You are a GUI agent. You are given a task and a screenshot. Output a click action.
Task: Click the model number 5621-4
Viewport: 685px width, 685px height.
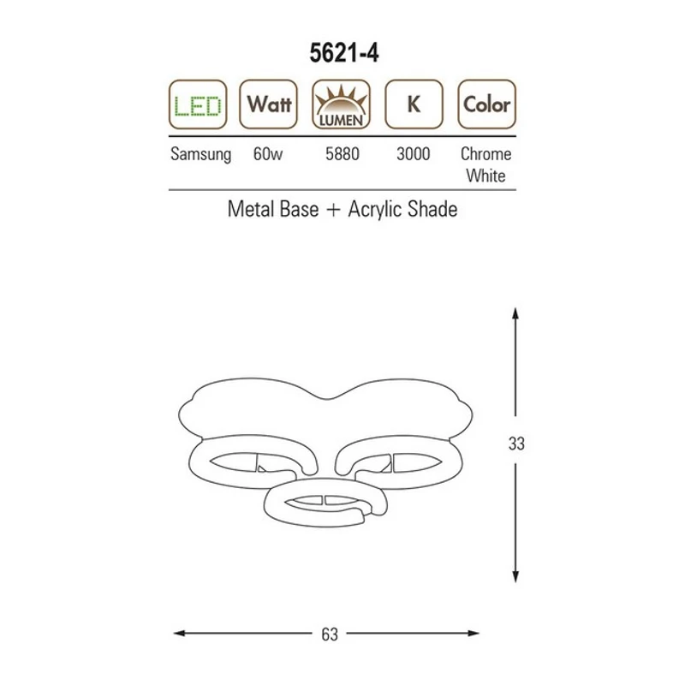pos(344,53)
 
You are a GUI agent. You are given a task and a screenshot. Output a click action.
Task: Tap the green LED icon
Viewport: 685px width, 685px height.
pos(198,104)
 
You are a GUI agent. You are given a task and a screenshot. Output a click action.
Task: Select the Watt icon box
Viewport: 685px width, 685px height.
pos(268,104)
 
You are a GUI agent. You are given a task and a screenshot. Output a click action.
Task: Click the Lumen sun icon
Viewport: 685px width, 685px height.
pos(341,104)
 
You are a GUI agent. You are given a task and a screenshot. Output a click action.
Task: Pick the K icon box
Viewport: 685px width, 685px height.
pos(414,104)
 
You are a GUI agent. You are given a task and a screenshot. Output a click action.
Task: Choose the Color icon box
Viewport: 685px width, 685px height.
pos(486,104)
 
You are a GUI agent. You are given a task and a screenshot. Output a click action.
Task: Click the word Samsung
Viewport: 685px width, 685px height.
pos(200,155)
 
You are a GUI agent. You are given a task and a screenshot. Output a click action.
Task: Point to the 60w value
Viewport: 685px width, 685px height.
pos(268,154)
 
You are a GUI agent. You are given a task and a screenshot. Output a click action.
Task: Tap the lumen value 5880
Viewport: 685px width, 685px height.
pos(342,154)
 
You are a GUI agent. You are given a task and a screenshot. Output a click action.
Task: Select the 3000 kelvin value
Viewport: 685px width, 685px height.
pos(414,154)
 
